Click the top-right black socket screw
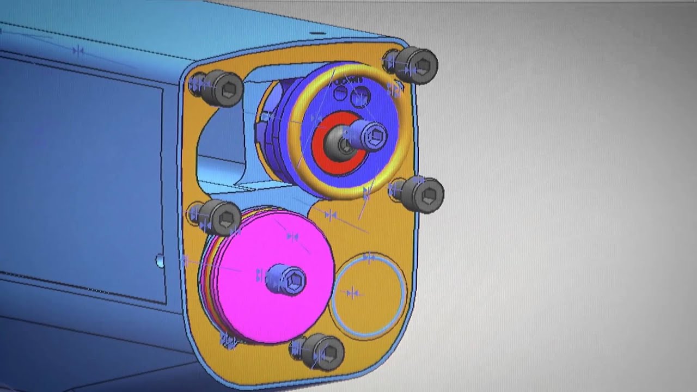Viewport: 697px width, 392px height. tap(417, 65)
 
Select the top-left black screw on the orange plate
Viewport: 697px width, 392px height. tap(223, 88)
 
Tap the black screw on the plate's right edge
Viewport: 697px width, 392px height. tap(423, 193)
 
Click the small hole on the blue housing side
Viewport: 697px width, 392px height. tap(160, 261)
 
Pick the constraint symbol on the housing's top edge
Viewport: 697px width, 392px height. tap(78, 51)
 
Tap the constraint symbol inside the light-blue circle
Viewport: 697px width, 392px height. tap(353, 293)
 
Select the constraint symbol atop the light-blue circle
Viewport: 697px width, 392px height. tap(369, 257)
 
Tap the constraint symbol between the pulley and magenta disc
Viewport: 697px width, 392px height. tap(330, 215)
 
